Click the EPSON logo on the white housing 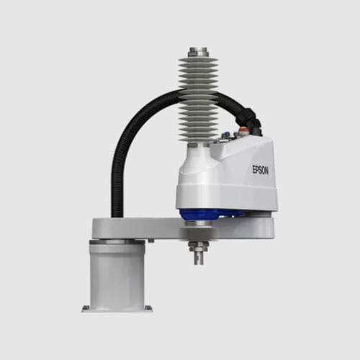pos(258,171)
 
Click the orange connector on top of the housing pos(246,131)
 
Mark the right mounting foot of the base pos(148,309)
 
